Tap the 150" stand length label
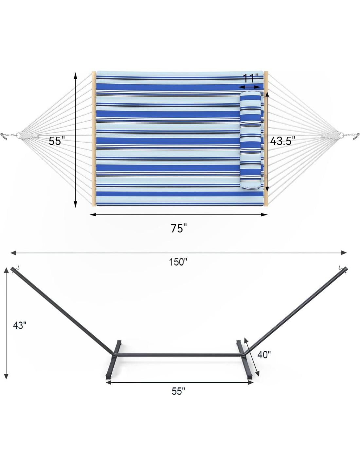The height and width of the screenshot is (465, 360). pyautogui.click(x=178, y=262)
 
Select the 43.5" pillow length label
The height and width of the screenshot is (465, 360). pyautogui.click(x=282, y=141)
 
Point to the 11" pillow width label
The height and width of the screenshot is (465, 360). pyautogui.click(x=251, y=78)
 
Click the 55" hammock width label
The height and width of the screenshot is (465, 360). pyautogui.click(x=57, y=141)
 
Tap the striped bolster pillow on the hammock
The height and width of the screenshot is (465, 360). pyautogui.click(x=251, y=140)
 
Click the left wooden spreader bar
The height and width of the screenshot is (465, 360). pyautogui.click(x=94, y=139)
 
